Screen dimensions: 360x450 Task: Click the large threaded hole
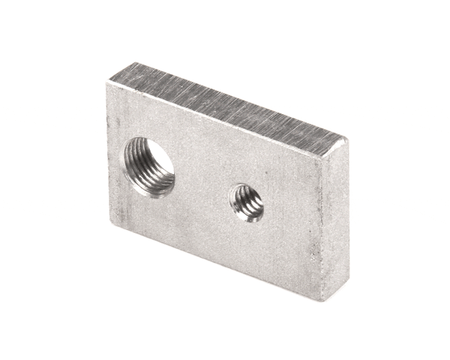point(148,166)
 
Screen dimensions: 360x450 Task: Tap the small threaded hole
point(247,202)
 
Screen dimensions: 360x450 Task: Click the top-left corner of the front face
point(109,83)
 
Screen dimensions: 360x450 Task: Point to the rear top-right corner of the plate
point(346,139)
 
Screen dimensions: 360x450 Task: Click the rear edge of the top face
point(240,100)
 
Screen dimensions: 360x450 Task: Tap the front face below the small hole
point(251,247)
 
